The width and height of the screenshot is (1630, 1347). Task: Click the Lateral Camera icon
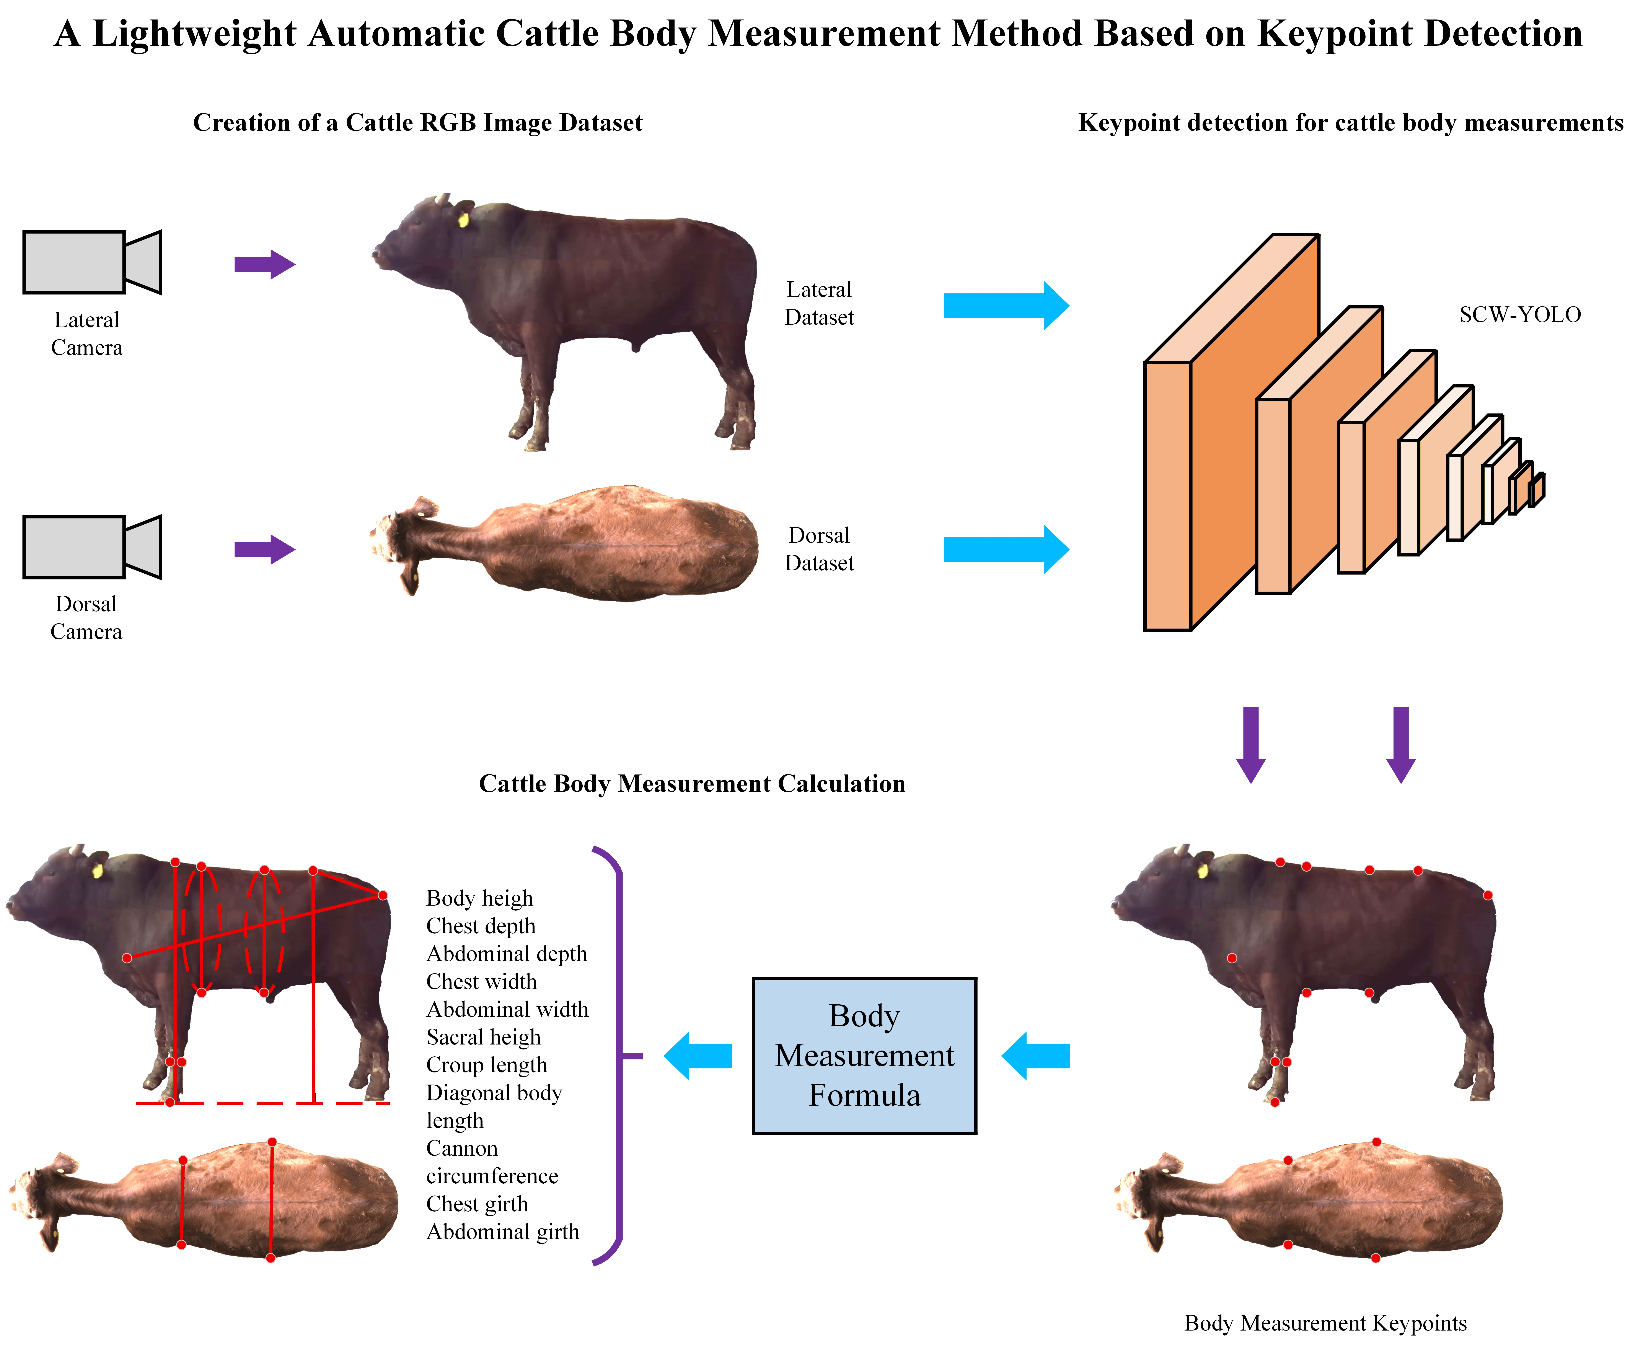click(92, 262)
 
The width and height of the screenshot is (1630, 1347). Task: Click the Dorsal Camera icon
click(92, 547)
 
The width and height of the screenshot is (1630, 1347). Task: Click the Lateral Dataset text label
click(819, 303)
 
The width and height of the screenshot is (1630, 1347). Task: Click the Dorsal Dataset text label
click(819, 549)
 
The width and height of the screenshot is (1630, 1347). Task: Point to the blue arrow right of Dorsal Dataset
click(1005, 549)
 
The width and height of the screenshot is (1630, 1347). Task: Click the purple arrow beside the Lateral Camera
click(264, 265)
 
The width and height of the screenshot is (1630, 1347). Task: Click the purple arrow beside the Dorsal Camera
click(264, 549)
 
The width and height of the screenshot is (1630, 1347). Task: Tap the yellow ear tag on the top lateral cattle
click(463, 220)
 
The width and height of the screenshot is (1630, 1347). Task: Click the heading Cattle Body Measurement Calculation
click(692, 784)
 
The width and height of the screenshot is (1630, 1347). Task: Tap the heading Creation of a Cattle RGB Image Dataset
click(418, 123)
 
